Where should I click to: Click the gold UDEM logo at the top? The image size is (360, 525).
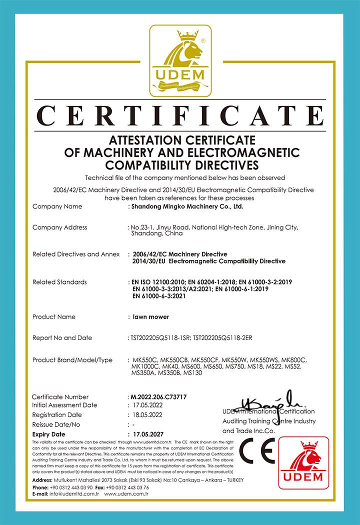180,61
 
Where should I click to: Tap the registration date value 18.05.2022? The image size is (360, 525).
145,415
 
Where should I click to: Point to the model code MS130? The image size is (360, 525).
192,373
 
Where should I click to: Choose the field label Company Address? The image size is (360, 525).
59,227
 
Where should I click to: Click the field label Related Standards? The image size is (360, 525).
59,282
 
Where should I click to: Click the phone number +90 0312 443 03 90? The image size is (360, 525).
71,487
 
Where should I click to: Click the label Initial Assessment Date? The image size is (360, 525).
64,405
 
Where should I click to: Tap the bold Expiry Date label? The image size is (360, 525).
48,434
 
